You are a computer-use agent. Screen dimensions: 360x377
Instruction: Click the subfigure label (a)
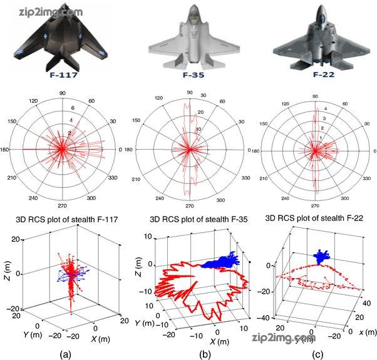pyautogui.click(x=65, y=352)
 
